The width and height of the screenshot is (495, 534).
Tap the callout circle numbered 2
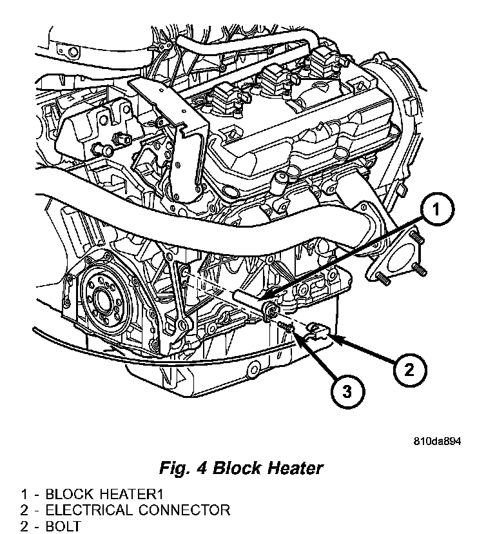click(x=409, y=370)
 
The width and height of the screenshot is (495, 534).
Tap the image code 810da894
click(x=438, y=442)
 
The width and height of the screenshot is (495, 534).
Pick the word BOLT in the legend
click(x=63, y=526)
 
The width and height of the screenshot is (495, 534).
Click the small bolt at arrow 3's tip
click(x=288, y=328)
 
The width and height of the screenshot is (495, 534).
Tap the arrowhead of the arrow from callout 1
click(x=266, y=298)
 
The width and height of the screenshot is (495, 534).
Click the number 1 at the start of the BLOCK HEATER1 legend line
click(x=24, y=495)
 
